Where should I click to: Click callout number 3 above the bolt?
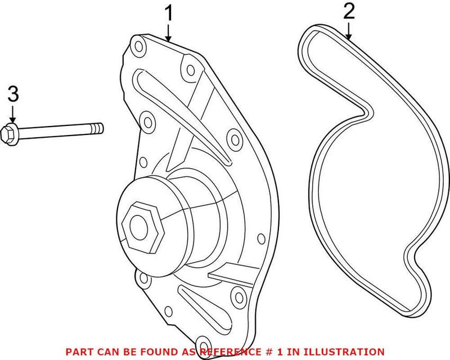pos(12,94)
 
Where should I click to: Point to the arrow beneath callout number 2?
pos(349,33)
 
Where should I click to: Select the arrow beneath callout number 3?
pos(12,115)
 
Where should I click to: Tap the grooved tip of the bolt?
pos(98,128)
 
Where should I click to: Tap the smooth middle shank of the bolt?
pos(56,130)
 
